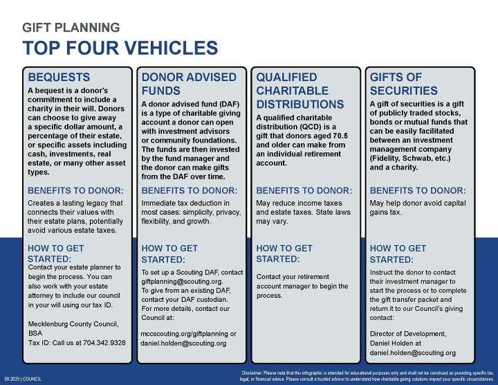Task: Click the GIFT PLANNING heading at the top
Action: click(x=71, y=28)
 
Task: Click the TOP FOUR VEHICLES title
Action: click(x=120, y=48)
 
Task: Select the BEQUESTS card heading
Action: click(x=59, y=77)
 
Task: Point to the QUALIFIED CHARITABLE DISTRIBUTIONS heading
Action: click(x=299, y=91)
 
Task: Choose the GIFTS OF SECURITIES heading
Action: click(x=404, y=84)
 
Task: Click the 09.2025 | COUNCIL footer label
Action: click(x=23, y=379)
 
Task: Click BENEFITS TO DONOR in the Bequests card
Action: click(x=75, y=190)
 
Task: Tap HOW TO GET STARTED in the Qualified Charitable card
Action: click(x=284, y=253)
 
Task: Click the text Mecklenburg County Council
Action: click(x=73, y=324)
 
